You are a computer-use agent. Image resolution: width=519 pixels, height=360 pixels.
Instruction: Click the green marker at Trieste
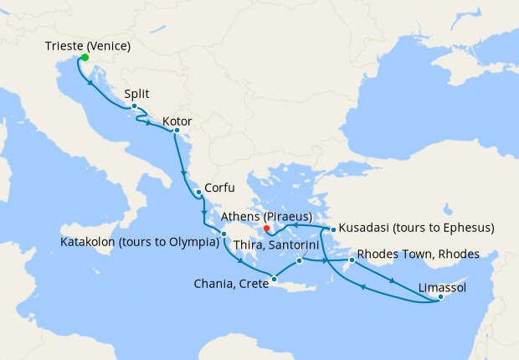tap(84, 58)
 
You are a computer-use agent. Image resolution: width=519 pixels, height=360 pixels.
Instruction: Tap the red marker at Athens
tap(266, 227)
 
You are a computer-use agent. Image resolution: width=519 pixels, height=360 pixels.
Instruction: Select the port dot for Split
tap(134, 105)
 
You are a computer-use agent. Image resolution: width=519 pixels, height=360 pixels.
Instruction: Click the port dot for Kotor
tap(176, 130)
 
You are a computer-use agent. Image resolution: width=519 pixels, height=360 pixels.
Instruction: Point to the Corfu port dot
tap(198, 193)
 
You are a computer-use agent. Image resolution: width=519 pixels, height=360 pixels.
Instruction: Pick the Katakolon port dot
tap(224, 234)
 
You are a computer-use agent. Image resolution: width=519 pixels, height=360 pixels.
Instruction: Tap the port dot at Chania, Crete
tap(275, 279)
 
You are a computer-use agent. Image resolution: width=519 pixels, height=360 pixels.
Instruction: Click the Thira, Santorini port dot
tap(299, 261)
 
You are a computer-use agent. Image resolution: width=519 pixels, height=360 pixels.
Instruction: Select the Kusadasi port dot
tap(332, 229)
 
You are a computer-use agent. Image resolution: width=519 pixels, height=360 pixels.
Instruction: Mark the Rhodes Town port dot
tap(352, 260)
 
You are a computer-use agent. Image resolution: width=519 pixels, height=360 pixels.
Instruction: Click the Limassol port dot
tap(440, 296)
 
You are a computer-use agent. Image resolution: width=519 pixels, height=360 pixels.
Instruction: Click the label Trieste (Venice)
tap(87, 45)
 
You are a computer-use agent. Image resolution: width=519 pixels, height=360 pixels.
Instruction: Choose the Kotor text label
tap(177, 121)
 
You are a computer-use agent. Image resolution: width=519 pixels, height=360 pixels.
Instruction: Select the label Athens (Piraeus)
tap(268, 216)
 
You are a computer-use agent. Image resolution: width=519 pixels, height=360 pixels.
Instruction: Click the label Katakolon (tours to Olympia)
tap(139, 244)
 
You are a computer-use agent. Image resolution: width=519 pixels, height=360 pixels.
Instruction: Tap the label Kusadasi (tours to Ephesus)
tap(417, 228)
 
